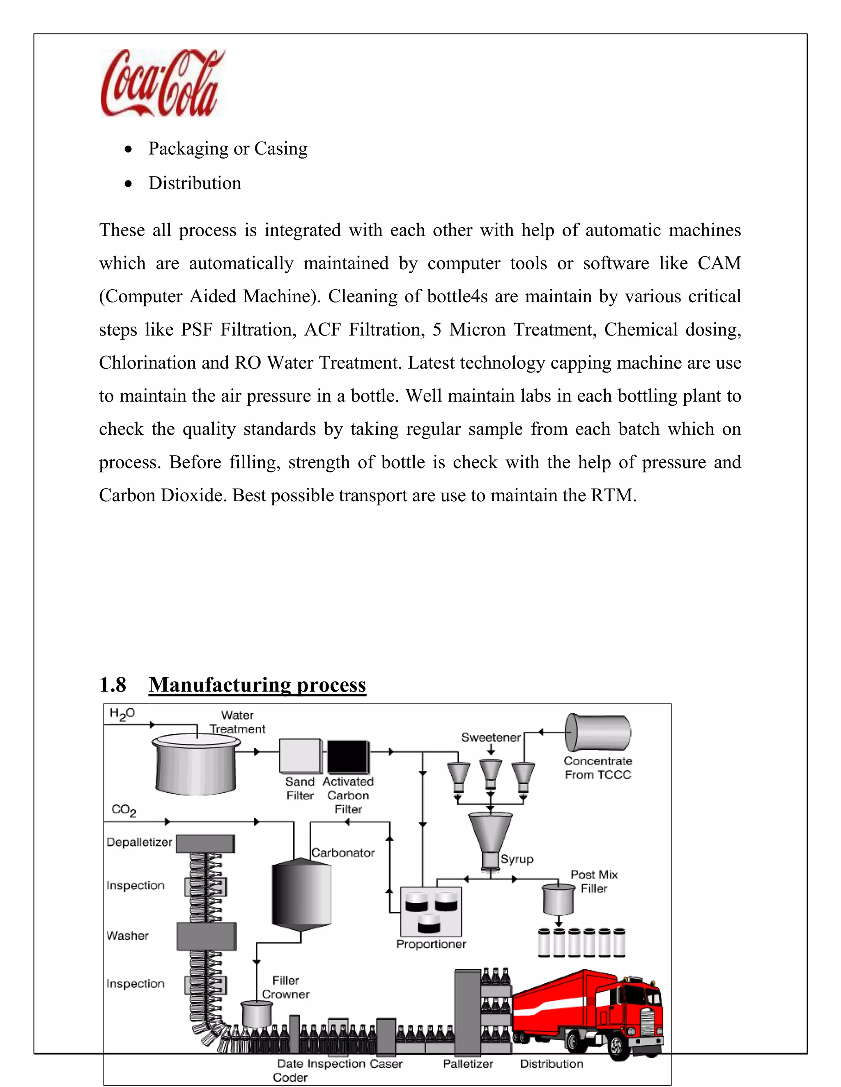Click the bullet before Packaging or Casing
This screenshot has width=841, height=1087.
[x=129, y=149]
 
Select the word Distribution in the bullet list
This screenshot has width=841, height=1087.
[x=194, y=183]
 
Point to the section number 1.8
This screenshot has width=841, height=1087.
[x=113, y=685]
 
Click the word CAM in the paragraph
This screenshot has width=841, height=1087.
[x=719, y=263]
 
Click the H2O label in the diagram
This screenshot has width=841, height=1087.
[x=122, y=714]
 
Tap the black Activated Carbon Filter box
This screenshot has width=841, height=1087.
[x=347, y=756]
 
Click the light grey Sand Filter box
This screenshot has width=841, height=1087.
[x=300, y=756]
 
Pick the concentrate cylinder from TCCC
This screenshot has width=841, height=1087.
[x=598, y=732]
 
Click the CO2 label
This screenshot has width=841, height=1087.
[x=124, y=810]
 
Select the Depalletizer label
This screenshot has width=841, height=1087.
[x=139, y=842]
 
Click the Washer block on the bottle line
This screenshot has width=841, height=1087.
[x=206, y=936]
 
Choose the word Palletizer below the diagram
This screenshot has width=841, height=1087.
[x=468, y=1064]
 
